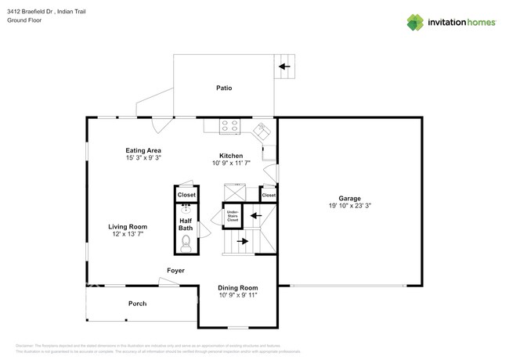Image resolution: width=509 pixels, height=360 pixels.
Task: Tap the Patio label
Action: [x=224, y=88]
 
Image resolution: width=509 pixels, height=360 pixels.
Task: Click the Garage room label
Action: [x=349, y=197]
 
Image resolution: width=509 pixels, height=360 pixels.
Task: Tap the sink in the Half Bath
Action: [x=186, y=209]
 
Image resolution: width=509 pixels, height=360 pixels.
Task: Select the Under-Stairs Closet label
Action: [x=233, y=215]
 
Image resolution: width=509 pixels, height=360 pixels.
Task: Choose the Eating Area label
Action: [x=143, y=149]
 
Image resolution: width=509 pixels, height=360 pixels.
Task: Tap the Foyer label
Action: [x=175, y=271]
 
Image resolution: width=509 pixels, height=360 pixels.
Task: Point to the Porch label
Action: [x=138, y=304]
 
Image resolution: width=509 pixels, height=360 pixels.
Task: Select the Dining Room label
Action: [x=237, y=288]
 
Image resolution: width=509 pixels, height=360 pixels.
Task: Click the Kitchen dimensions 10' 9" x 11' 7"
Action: [x=231, y=164]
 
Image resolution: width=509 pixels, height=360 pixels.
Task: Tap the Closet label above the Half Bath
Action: [x=186, y=194]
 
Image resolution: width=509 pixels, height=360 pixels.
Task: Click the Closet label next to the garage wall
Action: [x=269, y=195]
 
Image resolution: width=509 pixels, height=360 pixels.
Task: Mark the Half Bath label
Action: [x=186, y=224]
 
